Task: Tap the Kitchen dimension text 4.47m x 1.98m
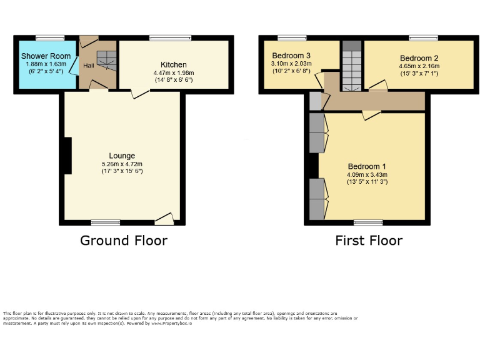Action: (174, 72)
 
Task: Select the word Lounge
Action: (122, 156)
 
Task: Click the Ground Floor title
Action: (124, 241)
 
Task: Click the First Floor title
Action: (369, 241)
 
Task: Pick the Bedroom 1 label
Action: (367, 166)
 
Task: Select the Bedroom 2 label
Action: (419, 58)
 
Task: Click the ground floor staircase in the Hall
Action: (106, 61)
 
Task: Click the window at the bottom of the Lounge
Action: (106, 222)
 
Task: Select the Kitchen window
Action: (170, 37)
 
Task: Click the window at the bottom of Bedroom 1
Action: (368, 222)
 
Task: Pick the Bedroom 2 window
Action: (423, 37)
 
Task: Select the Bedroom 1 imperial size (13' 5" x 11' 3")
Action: (367, 182)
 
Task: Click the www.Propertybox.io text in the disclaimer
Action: (170, 323)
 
